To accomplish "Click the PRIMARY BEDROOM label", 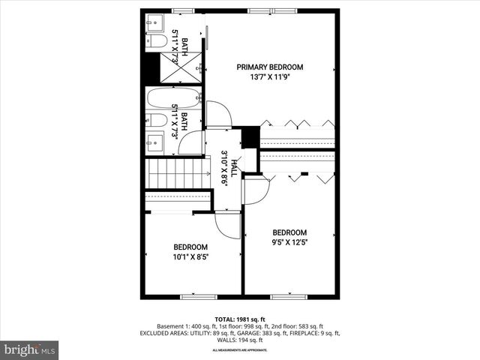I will [x=270, y=67].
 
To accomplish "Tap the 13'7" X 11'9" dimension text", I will [x=270, y=76].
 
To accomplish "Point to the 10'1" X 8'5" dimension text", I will [x=190, y=256].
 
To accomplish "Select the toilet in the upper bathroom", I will [x=156, y=41].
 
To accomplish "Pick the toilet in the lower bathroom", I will [x=157, y=120].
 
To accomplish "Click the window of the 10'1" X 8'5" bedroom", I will [x=193, y=296].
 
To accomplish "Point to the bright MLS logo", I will [x=30, y=349].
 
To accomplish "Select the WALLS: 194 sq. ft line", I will [x=240, y=340].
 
